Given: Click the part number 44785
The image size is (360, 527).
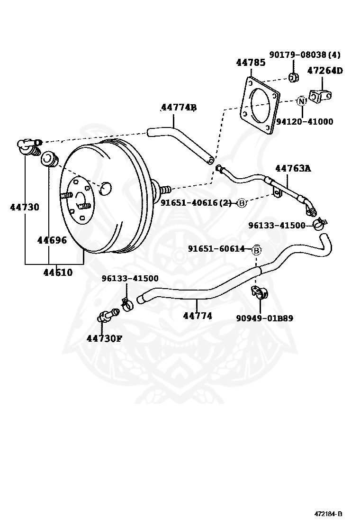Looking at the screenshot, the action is [x=251, y=63].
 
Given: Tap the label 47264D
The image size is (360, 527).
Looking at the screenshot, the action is [x=325, y=71].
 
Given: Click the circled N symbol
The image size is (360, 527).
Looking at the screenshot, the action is [x=302, y=101].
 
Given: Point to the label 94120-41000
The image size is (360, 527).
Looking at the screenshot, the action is [x=305, y=121].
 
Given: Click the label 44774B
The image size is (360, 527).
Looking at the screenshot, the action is [x=179, y=107].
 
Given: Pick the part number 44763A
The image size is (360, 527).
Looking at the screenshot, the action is [x=293, y=168].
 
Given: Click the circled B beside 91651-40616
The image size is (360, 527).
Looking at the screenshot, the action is [x=242, y=203].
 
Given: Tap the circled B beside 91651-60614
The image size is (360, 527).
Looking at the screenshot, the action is [x=256, y=250].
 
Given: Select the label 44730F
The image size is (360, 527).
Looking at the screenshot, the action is [x=104, y=338].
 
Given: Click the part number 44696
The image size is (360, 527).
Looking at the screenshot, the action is [x=52, y=240].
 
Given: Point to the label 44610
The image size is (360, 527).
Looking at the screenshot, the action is [x=58, y=272].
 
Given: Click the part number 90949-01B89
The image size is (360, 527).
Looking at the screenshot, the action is [x=265, y=318].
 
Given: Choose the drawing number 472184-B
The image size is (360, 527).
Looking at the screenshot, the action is [x=328, y=514].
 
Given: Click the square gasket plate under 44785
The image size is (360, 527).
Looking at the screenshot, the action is [x=260, y=106].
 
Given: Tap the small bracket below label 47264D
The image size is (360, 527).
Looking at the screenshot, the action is [x=320, y=97].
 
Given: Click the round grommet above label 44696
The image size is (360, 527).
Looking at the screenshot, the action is [x=50, y=159].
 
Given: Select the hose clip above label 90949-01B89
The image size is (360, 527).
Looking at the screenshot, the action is [x=260, y=292].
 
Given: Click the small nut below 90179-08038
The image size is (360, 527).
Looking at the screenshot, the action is [x=294, y=77].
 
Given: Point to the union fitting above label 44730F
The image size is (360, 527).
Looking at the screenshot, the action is [x=108, y=315].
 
